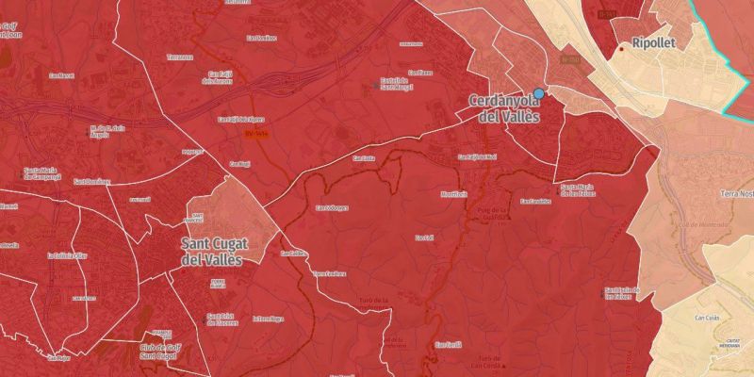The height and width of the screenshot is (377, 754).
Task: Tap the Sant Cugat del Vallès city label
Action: click(x=211, y=250)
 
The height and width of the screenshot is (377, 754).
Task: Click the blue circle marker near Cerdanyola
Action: click(x=539, y=93)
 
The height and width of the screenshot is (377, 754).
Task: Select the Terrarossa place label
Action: click(x=179, y=57)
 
